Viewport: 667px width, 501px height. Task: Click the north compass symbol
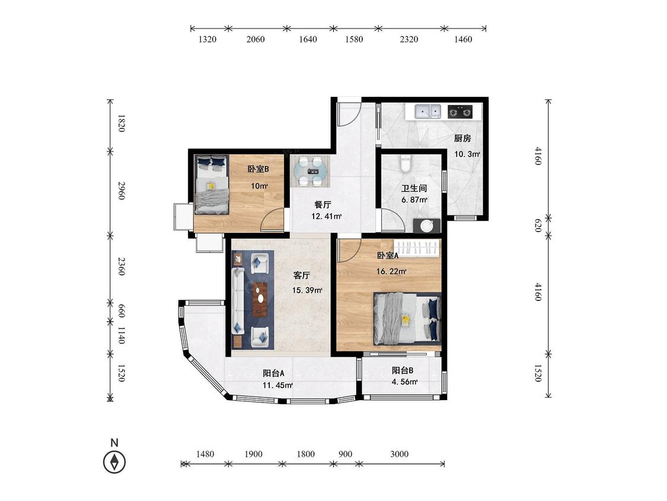114,461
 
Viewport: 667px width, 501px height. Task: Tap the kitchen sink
428,112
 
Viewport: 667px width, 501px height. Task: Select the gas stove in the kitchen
460,112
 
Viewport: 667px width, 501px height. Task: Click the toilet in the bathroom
406,164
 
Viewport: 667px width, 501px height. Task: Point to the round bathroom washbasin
427,226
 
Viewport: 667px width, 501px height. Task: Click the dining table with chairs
310,172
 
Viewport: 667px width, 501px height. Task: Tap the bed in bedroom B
212,185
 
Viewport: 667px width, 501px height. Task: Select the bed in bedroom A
407,318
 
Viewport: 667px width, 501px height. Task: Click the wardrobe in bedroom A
417,248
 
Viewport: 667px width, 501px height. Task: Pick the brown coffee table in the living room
260,299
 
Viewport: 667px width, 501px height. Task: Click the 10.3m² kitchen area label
467,154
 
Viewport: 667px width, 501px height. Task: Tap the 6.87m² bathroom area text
414,200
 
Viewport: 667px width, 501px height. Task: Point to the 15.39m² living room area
307,290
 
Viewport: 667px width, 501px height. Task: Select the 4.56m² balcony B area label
404,382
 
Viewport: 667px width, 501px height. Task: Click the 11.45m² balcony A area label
277,386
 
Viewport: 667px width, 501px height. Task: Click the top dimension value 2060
255,40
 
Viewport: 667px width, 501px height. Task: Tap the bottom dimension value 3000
399,454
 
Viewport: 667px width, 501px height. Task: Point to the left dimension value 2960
122,191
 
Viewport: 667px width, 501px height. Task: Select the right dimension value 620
537,226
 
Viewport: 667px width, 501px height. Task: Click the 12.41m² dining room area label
327,217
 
